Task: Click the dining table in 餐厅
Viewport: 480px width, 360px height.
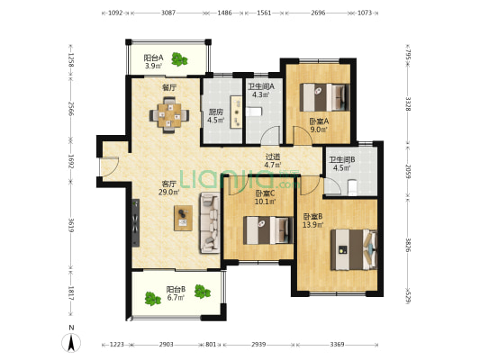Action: [169, 115]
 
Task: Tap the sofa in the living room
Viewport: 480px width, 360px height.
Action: [210, 222]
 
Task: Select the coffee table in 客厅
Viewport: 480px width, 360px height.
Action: [183, 218]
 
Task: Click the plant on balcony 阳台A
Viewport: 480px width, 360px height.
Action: [179, 59]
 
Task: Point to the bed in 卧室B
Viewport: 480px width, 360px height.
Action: [354, 249]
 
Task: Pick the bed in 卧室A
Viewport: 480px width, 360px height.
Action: [325, 97]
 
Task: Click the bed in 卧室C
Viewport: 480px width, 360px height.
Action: [268, 230]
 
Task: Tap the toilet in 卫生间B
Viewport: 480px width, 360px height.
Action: [353, 187]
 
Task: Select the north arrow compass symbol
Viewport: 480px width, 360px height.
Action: [71, 343]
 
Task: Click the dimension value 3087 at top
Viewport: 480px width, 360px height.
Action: [168, 13]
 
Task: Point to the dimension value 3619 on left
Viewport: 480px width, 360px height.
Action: [71, 225]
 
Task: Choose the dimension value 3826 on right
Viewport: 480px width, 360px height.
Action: [408, 245]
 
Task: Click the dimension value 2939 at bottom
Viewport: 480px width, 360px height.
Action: [258, 345]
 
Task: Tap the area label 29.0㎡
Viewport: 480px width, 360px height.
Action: [168, 192]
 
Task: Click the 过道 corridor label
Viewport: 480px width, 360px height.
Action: [273, 157]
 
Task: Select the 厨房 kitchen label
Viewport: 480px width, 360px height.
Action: [216, 112]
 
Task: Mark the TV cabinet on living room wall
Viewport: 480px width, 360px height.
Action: [136, 222]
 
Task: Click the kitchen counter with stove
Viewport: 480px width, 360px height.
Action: [236, 112]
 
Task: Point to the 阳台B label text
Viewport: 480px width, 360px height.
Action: [176, 289]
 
